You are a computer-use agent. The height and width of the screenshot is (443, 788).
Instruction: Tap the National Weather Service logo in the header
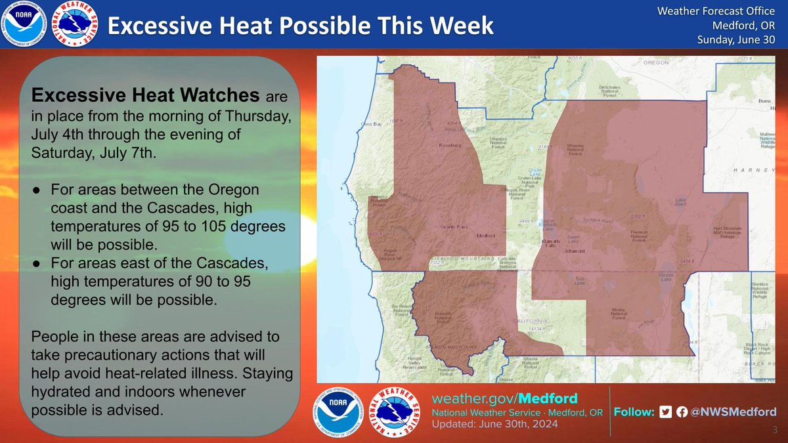74,24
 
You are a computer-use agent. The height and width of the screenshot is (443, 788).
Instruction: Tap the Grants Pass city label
454,227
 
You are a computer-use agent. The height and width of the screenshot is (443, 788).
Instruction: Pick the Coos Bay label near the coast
372,125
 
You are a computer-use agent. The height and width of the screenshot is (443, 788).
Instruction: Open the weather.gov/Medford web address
505,399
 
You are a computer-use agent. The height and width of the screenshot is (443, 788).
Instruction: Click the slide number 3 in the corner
775,429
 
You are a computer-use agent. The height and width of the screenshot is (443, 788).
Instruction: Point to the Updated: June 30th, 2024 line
494,425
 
